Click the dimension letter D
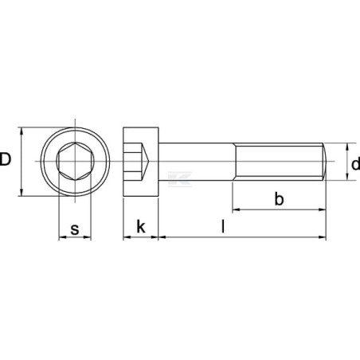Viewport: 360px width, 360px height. coord(6,159)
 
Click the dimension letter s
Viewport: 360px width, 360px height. coord(75,229)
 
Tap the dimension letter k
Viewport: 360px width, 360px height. coord(141,226)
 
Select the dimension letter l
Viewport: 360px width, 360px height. coord(223,226)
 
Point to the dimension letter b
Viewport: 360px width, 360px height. coord(279,198)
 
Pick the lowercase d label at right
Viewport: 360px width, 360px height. coord(355,163)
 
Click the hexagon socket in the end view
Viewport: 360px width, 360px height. coord(75,161)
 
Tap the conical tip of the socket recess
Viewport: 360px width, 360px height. coord(148,161)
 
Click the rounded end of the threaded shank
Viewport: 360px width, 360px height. coord(325,162)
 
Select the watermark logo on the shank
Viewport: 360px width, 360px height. coord(180,179)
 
